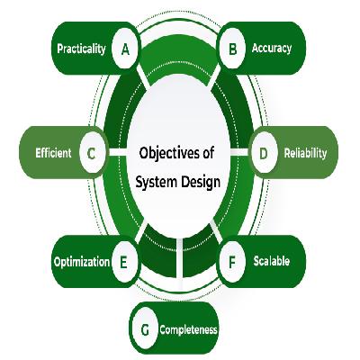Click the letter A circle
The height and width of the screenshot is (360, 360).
(125, 49)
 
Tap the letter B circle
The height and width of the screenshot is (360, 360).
(232, 49)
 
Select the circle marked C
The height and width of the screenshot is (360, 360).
(93, 153)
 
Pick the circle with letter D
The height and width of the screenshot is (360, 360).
(264, 153)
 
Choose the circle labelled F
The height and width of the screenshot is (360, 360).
(232, 262)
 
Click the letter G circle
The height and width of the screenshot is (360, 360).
(145, 329)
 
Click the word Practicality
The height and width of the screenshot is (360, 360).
(81, 49)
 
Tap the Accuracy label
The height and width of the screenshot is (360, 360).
(272, 48)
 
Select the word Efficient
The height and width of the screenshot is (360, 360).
(53, 153)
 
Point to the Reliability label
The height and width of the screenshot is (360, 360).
(305, 153)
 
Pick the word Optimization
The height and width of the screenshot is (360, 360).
(82, 262)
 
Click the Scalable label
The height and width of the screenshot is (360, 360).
(272, 261)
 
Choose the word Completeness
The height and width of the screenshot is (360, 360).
(188, 329)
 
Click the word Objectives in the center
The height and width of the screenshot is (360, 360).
(169, 153)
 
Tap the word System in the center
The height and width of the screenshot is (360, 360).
(156, 182)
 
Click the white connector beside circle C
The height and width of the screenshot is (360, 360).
(118, 152)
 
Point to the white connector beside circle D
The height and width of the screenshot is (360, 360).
(239, 152)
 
